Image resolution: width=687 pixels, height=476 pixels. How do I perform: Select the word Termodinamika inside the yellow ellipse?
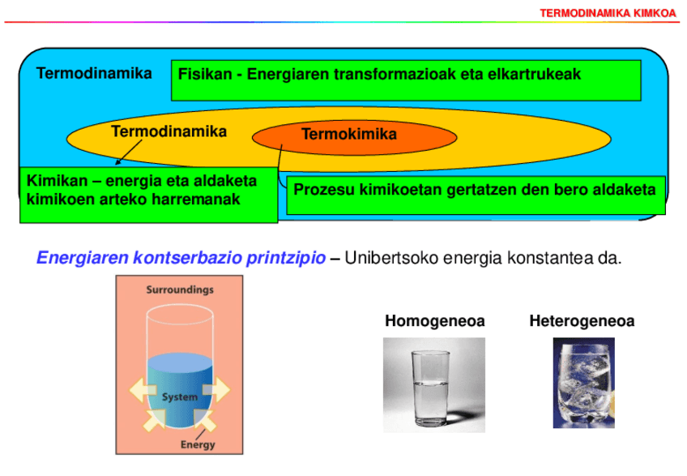click(x=169, y=131)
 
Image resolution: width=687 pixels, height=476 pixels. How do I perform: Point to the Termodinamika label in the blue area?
click(x=94, y=74)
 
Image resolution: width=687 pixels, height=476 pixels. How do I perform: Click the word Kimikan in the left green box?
click(x=56, y=180)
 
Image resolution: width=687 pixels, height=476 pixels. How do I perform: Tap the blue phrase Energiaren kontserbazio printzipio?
click(x=182, y=259)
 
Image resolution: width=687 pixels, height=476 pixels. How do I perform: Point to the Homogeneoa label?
click(x=435, y=321)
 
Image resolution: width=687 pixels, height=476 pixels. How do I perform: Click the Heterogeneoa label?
click(x=582, y=321)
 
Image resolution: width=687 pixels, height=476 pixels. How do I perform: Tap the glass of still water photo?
click(x=434, y=384)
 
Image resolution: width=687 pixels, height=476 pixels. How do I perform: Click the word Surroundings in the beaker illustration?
click(x=179, y=289)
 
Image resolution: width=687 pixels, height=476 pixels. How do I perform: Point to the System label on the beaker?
click(x=180, y=397)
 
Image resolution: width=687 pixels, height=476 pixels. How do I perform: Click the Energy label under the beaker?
click(x=198, y=444)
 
